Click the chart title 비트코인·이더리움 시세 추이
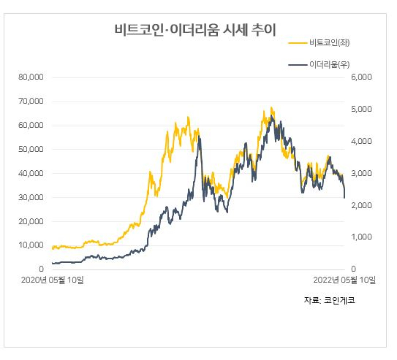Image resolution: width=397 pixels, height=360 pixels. click(x=195, y=30)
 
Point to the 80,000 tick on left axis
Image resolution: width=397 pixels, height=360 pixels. click(x=31, y=77)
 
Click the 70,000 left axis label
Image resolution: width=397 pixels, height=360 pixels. click(x=31, y=101)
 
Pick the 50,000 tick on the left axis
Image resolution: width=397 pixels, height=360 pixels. click(x=31, y=149)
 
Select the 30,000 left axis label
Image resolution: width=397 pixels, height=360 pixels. click(x=31, y=197)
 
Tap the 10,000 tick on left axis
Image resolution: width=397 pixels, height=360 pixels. click(x=31, y=245)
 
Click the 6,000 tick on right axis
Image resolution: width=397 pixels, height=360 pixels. click(x=361, y=77)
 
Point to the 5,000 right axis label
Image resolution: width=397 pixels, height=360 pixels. click(x=361, y=109)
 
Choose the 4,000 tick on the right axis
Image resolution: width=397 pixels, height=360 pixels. click(x=361, y=141)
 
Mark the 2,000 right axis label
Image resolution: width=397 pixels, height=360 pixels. click(x=361, y=205)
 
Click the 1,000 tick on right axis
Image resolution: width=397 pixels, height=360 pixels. click(x=361, y=237)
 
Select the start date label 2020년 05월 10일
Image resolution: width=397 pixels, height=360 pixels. click(x=53, y=280)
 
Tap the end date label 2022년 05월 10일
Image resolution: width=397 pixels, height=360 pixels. click(x=344, y=280)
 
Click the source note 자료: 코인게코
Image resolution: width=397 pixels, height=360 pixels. click(x=330, y=300)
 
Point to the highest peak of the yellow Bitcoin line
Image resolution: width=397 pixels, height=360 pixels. click(x=271, y=107)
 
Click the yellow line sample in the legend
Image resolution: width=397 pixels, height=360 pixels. click(x=298, y=43)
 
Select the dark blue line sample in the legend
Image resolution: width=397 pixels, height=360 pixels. click(x=298, y=65)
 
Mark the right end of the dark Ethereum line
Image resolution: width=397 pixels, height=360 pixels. click(x=344, y=198)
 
